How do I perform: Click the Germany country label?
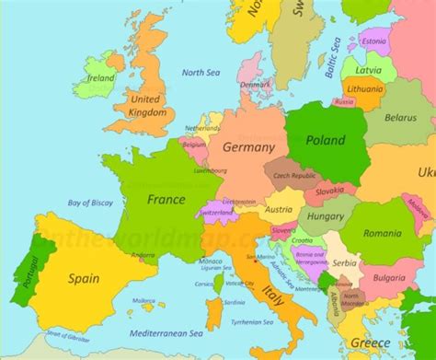(248, 147)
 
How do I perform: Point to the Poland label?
(325, 141)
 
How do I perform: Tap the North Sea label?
(200, 72)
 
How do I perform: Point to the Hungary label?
(325, 216)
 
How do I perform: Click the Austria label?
(278, 209)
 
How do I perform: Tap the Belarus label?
(400, 119)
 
